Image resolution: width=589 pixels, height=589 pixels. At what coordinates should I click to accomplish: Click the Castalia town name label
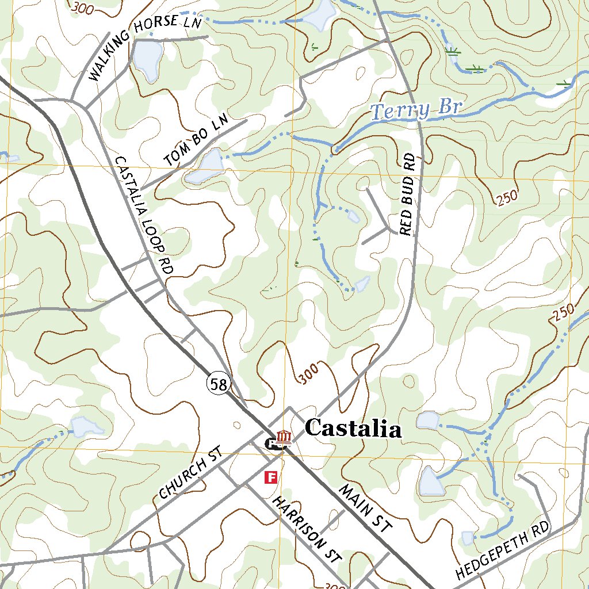[353, 429]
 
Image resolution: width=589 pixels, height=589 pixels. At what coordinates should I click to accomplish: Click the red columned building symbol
[282, 438]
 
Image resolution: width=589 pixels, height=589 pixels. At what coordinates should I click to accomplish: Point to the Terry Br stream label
[416, 109]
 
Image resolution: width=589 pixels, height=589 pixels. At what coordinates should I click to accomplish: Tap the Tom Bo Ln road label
[196, 141]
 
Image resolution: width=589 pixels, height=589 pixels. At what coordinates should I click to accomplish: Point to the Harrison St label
[307, 529]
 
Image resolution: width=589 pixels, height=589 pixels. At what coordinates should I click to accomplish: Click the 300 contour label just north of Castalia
[308, 374]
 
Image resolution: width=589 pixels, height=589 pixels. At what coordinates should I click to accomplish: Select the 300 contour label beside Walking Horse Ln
[84, 7]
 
